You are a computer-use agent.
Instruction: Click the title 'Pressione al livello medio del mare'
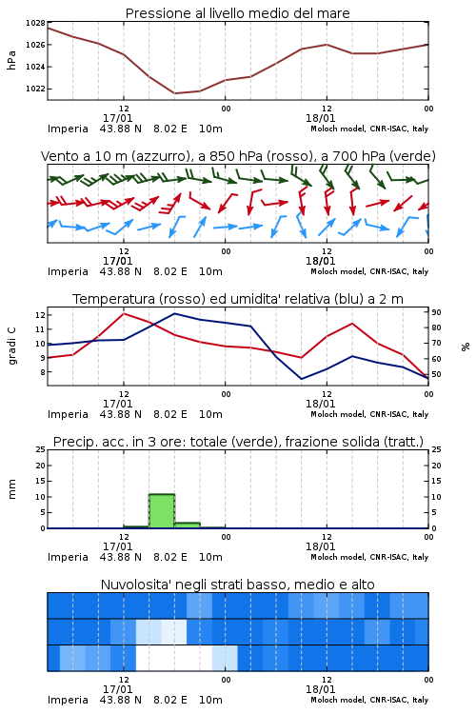tap(237, 13)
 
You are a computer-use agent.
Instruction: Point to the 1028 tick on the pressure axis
tap(35, 23)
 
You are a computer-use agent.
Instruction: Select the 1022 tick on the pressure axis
tap(35, 89)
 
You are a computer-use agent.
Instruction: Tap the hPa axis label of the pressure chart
tap(11, 60)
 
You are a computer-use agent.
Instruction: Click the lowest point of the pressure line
tap(174, 93)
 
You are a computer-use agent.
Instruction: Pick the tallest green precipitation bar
tap(162, 511)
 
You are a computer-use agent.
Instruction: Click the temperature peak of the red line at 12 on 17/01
tap(124, 313)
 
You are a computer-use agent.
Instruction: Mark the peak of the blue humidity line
tap(175, 313)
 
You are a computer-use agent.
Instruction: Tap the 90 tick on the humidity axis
tap(436, 312)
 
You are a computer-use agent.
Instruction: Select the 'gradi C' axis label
tap(11, 346)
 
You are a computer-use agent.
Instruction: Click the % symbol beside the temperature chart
tap(466, 347)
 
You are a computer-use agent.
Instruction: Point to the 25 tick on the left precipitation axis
tap(41, 449)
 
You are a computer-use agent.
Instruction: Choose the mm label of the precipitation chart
tap(11, 489)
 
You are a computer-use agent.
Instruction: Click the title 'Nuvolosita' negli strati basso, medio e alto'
tap(237, 585)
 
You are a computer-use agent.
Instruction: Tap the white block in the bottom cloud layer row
tap(174, 658)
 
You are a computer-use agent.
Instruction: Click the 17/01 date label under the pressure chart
tap(117, 118)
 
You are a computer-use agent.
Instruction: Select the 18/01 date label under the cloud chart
tap(320, 689)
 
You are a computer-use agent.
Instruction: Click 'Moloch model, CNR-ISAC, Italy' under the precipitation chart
tap(369, 557)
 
